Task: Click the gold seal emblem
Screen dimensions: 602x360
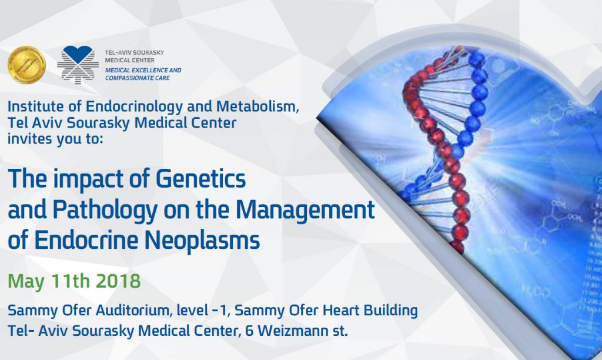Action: [26, 65]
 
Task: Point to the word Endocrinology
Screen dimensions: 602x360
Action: [134, 107]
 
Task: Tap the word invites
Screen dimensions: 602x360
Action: [31, 139]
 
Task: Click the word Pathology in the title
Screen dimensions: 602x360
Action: [105, 210]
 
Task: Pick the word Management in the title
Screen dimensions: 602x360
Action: [305, 210]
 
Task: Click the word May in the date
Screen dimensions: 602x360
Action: [26, 282]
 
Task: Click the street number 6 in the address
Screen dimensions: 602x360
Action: [249, 331]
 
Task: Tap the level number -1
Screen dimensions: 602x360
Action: [221, 311]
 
